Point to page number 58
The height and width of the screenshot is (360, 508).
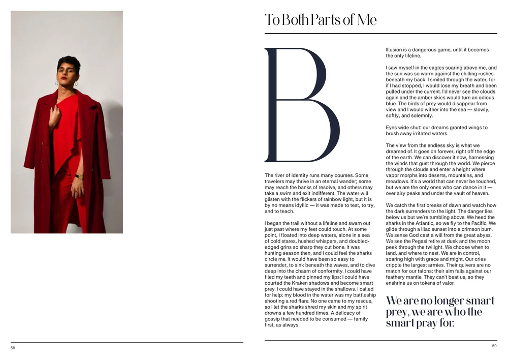pos(13,348)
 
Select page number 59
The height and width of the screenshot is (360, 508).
pos(494,346)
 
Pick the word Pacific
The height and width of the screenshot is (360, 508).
pos(478,223)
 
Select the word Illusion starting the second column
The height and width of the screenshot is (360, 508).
pos(394,50)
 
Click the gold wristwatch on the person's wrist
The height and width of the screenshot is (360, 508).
pos(79,177)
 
